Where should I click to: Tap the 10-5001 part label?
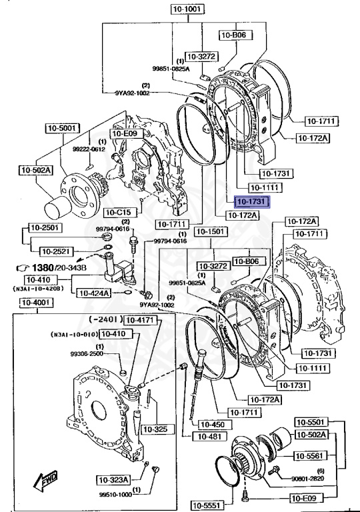point(63,127)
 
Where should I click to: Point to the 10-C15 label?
point(119,212)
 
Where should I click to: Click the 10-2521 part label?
point(57,251)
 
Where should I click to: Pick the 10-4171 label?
point(140,320)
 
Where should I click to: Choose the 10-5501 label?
point(311,423)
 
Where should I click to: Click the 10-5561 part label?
point(311,455)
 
